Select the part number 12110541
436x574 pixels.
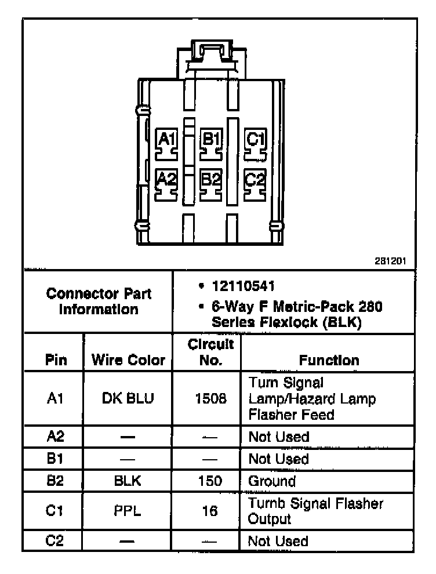(x=243, y=287)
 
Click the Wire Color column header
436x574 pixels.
(x=128, y=360)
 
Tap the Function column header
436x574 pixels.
(x=329, y=360)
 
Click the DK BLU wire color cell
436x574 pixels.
(x=128, y=399)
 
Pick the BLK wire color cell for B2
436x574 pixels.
(x=128, y=481)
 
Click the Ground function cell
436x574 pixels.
(x=272, y=481)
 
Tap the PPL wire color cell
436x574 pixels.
(x=128, y=511)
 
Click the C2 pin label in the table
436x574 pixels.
(x=53, y=541)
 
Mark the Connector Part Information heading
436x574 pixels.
(x=99, y=301)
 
